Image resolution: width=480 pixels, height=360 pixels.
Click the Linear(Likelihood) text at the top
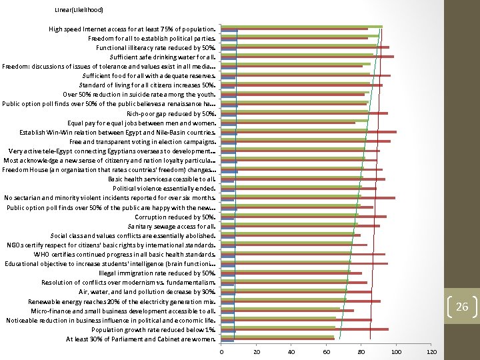point(79,10)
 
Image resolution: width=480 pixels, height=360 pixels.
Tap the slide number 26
point(462,307)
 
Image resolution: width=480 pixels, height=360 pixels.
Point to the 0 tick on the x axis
point(221,351)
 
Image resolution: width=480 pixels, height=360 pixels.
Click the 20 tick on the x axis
point(256,351)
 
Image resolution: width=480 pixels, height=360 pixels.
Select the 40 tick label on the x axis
point(291,351)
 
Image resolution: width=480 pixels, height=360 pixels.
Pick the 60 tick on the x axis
point(326,351)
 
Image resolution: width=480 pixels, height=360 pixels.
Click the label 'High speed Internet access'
point(132,29)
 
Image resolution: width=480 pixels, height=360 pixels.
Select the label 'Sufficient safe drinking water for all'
point(163,57)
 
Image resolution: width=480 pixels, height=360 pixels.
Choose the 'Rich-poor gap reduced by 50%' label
point(171,114)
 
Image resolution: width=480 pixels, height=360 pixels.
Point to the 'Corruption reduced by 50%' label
point(175,217)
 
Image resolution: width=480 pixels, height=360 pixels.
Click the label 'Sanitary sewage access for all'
point(171,226)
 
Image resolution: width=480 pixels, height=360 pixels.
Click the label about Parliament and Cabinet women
point(141,339)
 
